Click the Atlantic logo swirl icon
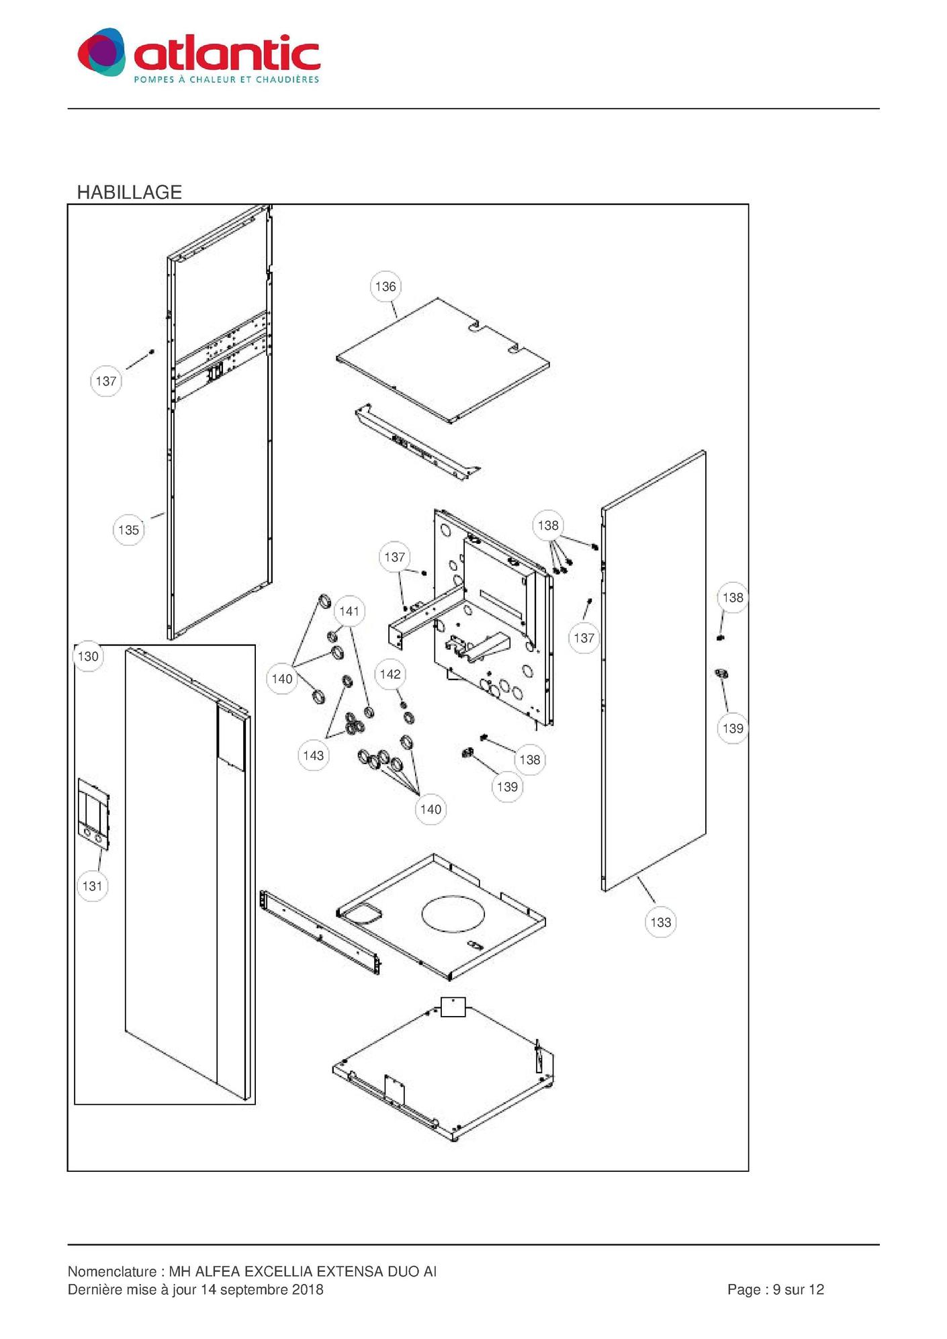(x=101, y=52)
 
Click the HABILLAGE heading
(x=130, y=192)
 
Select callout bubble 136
(x=386, y=287)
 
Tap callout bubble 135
(x=128, y=530)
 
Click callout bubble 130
(x=88, y=656)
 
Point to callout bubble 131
(x=92, y=886)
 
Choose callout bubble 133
(x=661, y=922)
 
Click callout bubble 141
(x=349, y=611)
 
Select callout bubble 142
(x=390, y=674)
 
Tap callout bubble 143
(x=314, y=755)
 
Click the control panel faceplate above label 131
(x=93, y=814)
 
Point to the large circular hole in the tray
(x=453, y=913)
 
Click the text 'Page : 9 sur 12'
(x=776, y=1289)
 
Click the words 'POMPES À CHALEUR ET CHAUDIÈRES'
(x=226, y=80)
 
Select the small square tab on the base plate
(x=453, y=1007)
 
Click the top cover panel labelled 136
(x=443, y=360)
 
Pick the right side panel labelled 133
(x=653, y=672)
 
